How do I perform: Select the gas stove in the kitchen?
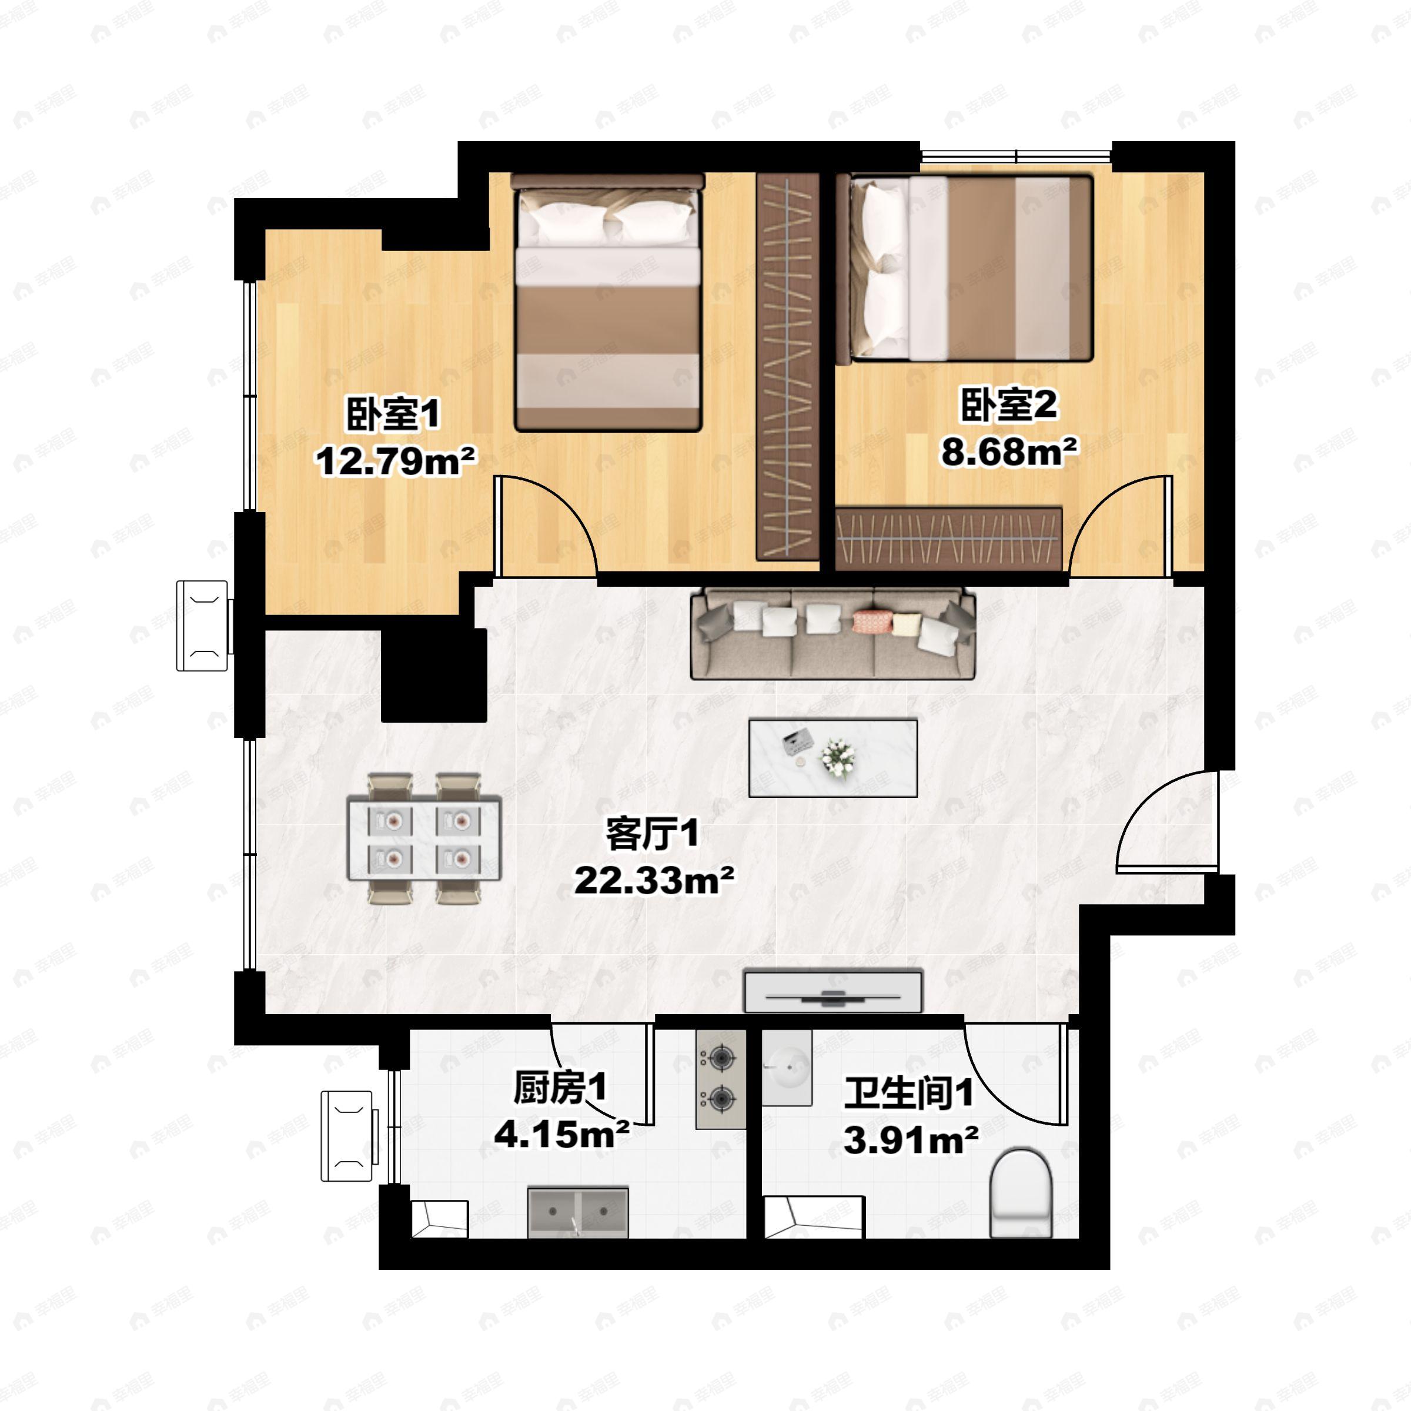(721, 1079)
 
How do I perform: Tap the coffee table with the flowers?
(833, 757)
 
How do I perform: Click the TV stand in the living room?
(833, 992)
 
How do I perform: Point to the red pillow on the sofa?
(872, 621)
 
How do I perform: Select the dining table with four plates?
(424, 838)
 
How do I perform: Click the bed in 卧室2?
(971, 268)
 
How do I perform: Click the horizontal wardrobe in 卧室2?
(948, 539)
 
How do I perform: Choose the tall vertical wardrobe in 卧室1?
(787, 365)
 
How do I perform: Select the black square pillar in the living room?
(434, 676)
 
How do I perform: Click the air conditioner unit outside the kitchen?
(349, 1136)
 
